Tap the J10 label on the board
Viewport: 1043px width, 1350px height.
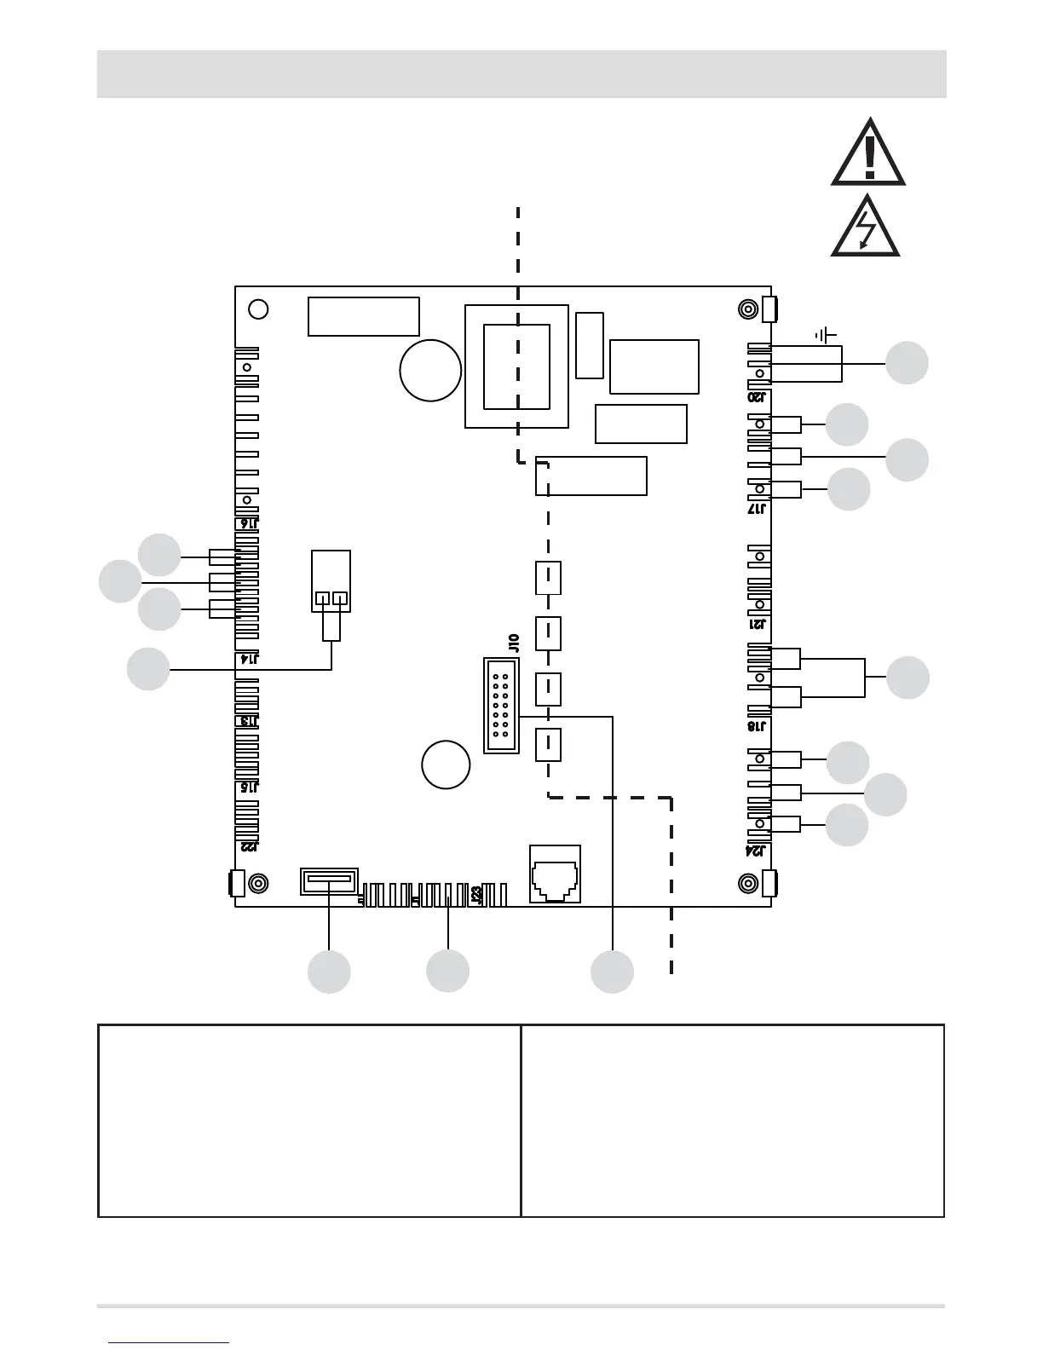pos(513,643)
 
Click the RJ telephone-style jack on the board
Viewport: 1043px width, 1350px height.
pos(555,874)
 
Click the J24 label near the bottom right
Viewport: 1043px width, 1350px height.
pos(757,851)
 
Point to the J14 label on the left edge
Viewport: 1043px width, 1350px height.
pos(249,659)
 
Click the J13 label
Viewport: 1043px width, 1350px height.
pos(249,721)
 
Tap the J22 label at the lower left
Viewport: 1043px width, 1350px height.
pos(249,846)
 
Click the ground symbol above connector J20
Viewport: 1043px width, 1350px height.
pos(826,335)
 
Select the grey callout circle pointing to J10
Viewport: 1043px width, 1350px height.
pos(613,972)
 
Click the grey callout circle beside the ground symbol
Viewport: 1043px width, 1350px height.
pos(907,363)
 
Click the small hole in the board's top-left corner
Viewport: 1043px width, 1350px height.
pos(257,309)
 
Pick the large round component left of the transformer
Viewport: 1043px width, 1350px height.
pos(430,370)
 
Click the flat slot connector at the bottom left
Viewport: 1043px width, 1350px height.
pos(329,881)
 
